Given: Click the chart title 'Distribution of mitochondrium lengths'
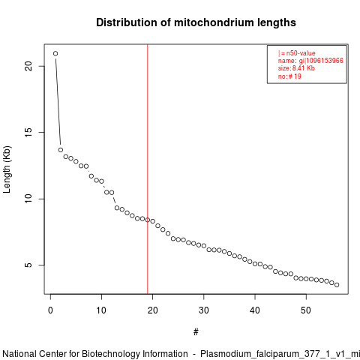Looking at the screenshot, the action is click(196, 22).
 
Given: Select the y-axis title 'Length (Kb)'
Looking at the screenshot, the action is click(7, 169).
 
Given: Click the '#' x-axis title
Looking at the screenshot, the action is click(196, 332).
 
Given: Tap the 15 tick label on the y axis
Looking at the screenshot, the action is click(28, 133).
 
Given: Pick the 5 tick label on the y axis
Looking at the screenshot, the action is click(28, 265).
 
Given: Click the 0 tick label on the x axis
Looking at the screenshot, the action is click(50, 310).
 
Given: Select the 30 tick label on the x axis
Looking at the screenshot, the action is click(204, 310).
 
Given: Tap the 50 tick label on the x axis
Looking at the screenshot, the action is click(306, 310).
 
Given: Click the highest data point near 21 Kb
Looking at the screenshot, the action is click(55, 53).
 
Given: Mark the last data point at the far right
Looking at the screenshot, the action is click(337, 285).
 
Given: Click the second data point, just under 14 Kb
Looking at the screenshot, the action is click(61, 150).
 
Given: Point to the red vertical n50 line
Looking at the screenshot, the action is click(148, 169).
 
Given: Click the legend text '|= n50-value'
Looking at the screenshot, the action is click(297, 53).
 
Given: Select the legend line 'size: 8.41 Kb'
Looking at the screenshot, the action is click(296, 68).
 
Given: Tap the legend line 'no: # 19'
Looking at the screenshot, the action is click(289, 76).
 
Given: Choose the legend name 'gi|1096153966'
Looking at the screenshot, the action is click(321, 61).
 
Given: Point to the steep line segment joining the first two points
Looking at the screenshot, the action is click(58, 102).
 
